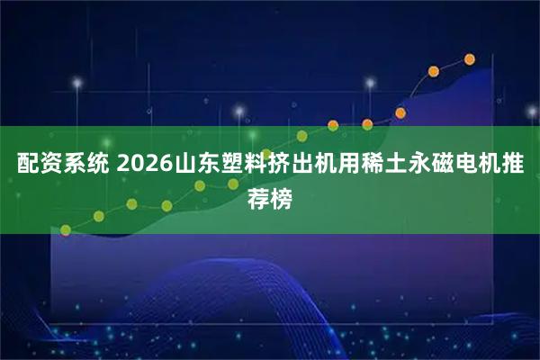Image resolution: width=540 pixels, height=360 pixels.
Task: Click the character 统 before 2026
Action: click(91, 166)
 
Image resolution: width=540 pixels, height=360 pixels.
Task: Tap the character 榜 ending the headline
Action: click(282, 197)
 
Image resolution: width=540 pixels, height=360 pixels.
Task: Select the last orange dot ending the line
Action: click(469, 59)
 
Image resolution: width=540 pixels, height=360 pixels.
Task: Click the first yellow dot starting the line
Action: click(65, 229)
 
